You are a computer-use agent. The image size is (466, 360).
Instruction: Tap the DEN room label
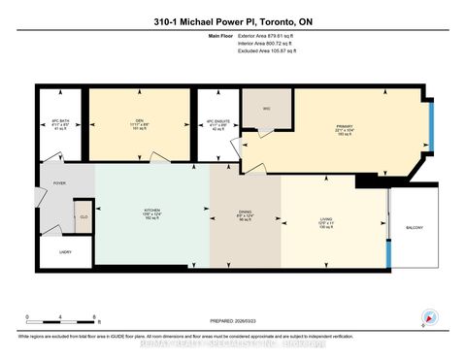point(140,121)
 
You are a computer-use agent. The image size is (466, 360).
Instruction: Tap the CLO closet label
point(83,217)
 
